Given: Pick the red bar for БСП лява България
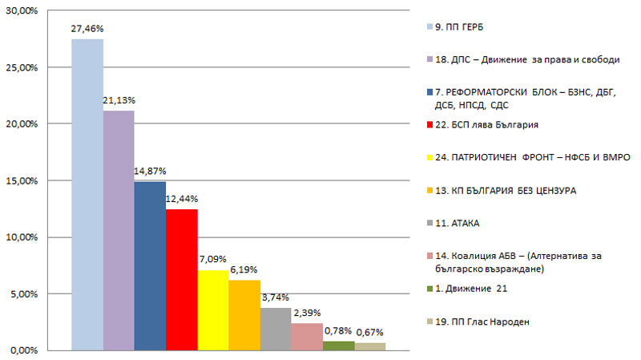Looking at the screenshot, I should coord(181,280).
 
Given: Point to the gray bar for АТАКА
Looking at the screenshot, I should coord(275,329).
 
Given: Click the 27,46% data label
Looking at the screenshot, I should coord(87,28).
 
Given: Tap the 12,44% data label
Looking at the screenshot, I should coord(182,198).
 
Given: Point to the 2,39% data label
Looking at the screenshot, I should coord(307,312).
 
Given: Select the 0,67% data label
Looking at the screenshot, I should coord(370,332).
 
